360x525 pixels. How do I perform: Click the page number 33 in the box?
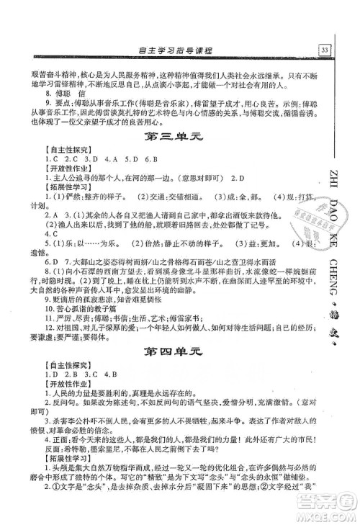click(x=325, y=50)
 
